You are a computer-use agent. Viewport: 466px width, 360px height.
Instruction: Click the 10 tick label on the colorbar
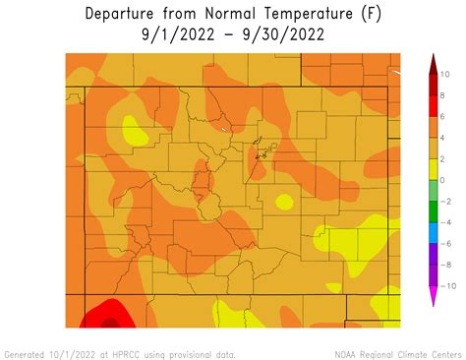pyautogui.click(x=443, y=75)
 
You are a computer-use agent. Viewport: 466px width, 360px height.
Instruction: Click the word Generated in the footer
pyautogui.click(x=26, y=353)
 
